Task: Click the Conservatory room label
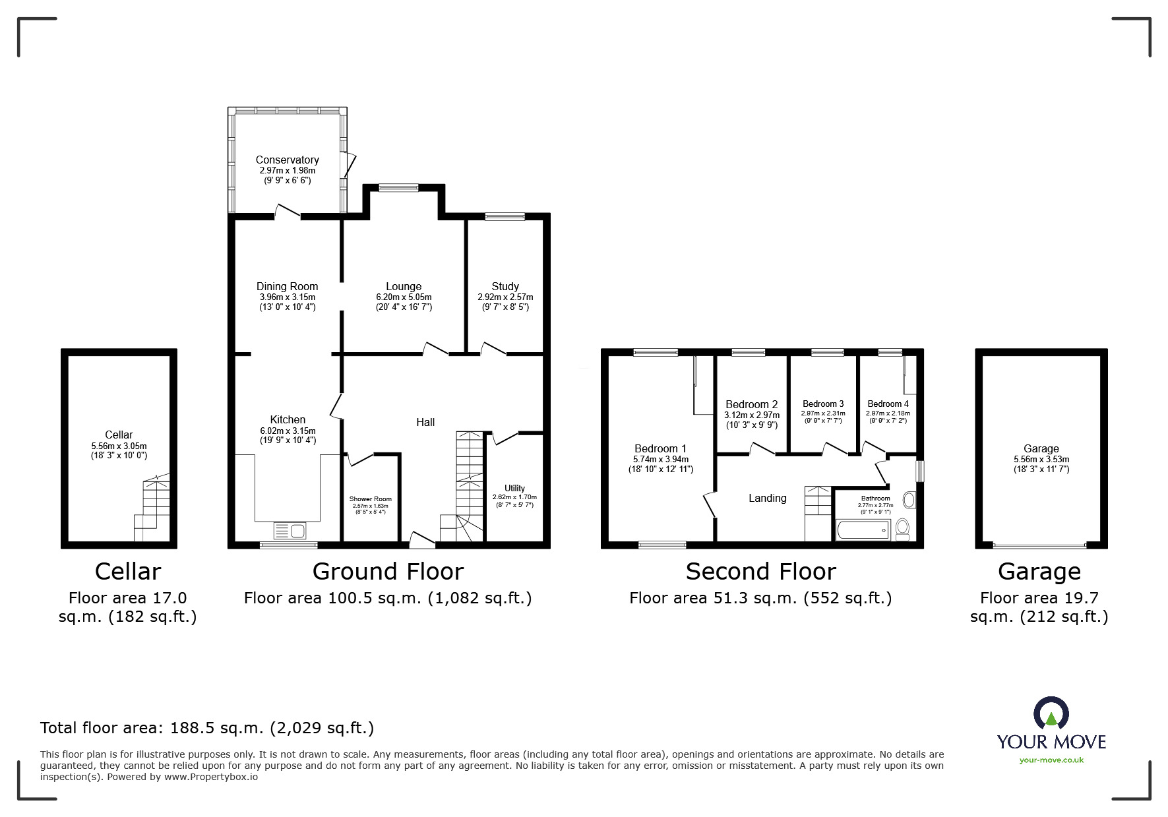click(x=287, y=160)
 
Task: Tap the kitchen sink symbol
click(x=290, y=530)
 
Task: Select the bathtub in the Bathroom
click(x=863, y=530)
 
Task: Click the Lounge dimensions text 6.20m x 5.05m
click(x=404, y=297)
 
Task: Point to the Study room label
click(x=505, y=286)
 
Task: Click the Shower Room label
click(x=370, y=499)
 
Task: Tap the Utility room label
click(x=514, y=489)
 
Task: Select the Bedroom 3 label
click(x=823, y=404)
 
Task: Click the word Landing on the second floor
click(x=767, y=499)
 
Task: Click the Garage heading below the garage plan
click(x=1039, y=572)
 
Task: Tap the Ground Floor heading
click(x=388, y=572)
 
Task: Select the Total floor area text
click(x=207, y=728)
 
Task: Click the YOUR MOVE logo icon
click(x=1051, y=713)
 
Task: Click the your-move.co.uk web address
click(x=1051, y=760)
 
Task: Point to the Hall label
click(x=425, y=422)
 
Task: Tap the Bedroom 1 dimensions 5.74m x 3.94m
click(x=660, y=460)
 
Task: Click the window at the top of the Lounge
click(x=398, y=188)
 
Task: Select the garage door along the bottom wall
click(x=1039, y=546)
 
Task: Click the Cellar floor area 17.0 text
click(x=127, y=607)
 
